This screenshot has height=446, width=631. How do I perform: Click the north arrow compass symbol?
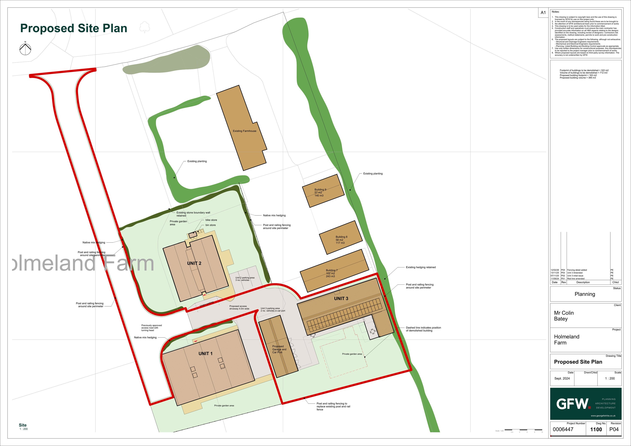(25, 49)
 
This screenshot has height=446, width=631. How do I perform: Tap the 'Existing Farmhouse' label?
(244, 131)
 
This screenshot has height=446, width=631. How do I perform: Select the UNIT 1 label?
(205, 354)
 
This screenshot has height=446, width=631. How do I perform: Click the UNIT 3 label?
(341, 299)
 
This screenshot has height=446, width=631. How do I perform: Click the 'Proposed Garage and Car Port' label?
(279, 349)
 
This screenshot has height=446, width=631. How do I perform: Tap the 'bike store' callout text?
(211, 220)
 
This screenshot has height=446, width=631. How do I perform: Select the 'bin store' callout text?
(211, 225)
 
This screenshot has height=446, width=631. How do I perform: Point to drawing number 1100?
(596, 430)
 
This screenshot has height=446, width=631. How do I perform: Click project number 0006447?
(563, 430)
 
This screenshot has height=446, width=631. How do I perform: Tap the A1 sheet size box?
(543, 13)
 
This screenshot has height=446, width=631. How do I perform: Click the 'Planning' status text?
(585, 294)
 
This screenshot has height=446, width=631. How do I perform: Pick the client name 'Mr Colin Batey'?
(564, 316)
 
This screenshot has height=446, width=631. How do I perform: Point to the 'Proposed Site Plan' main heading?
(74, 28)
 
